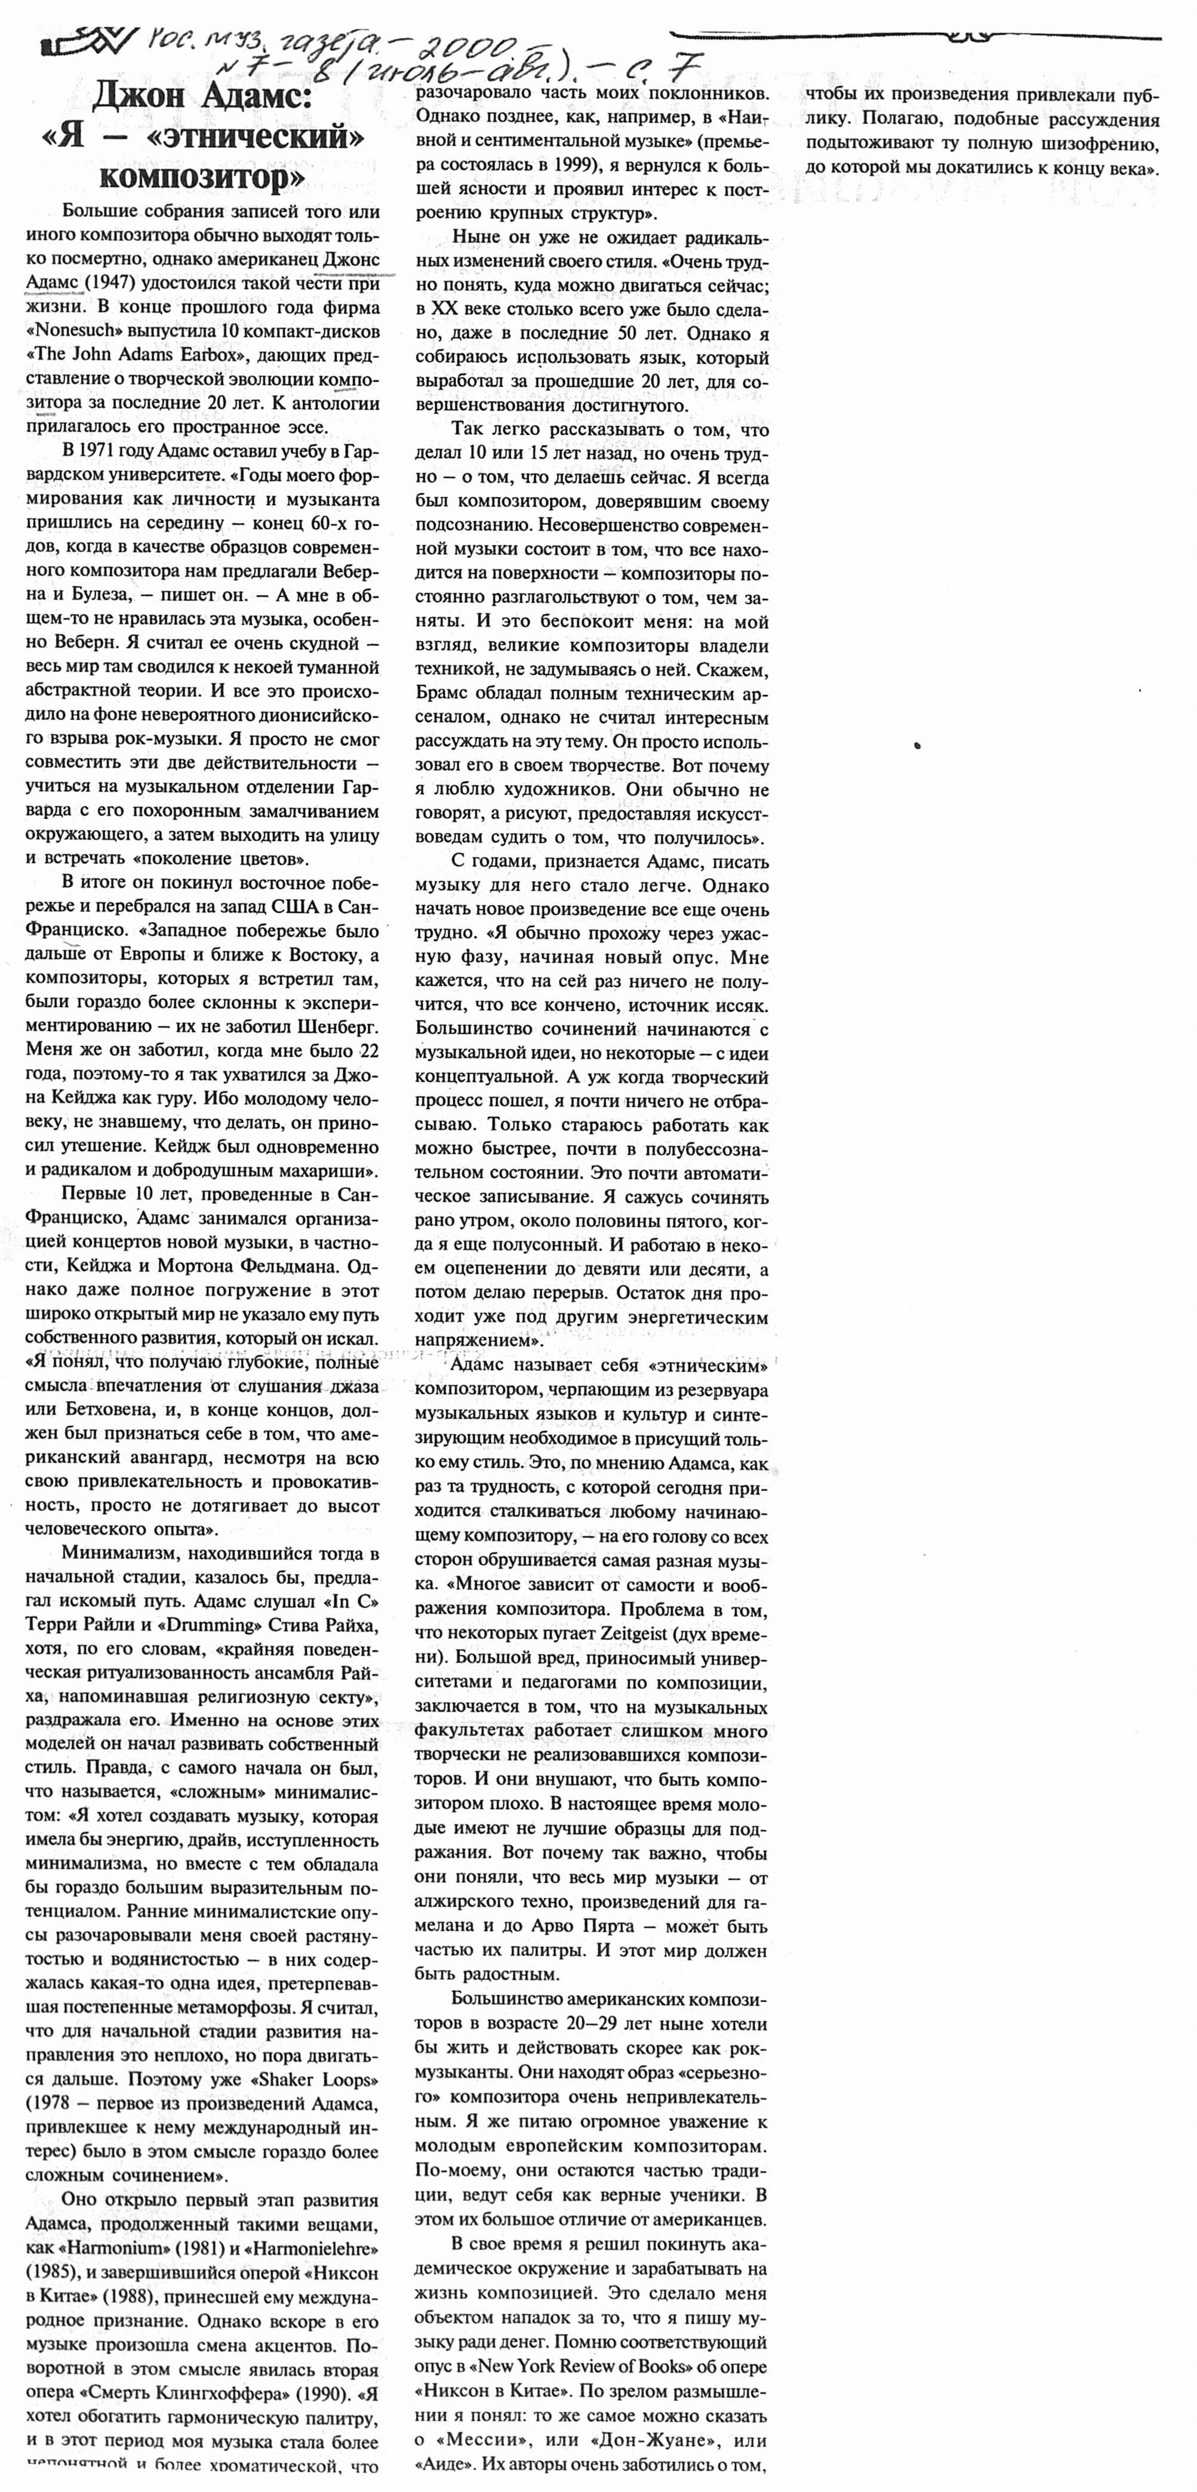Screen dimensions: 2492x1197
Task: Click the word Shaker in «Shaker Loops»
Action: pos(290,2080)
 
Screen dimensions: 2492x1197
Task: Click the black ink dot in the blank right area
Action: pos(916,745)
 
